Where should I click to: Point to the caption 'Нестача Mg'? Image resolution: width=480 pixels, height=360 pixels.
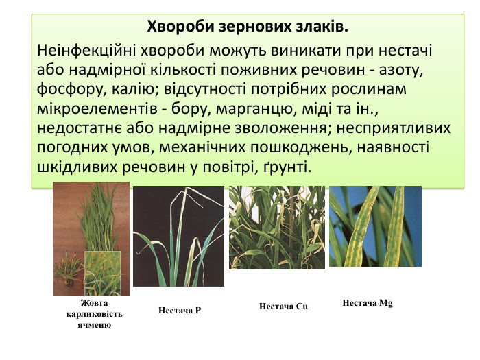pyautogui.click(x=368, y=302)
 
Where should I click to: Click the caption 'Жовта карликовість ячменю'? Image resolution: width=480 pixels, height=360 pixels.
pyautogui.click(x=95, y=313)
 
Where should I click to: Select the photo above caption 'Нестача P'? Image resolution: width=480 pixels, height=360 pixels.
pyautogui.click(x=178, y=236)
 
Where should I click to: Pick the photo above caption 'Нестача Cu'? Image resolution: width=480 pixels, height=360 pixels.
pyautogui.click(x=276, y=228)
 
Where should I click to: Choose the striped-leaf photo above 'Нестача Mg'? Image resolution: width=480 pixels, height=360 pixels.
pyautogui.click(x=375, y=226)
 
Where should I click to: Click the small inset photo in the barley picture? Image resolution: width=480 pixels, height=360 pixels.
pyautogui.click(x=102, y=273)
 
